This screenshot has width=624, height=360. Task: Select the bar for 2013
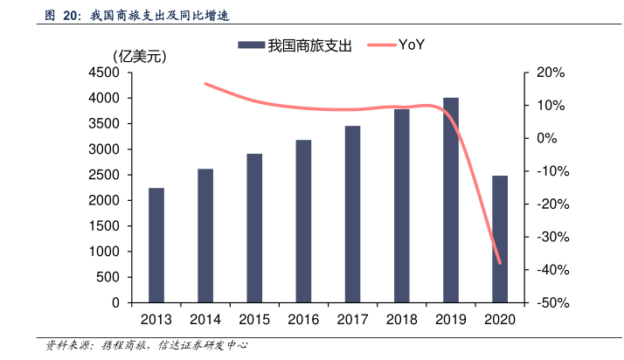tap(156, 245)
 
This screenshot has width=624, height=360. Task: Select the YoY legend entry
tap(397, 45)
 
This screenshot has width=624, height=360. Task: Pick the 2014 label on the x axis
tap(205, 319)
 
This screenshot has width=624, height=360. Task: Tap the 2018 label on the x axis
tap(401, 319)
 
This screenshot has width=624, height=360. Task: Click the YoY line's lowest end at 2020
tap(500, 262)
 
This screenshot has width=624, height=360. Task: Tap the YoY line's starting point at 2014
tap(205, 84)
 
